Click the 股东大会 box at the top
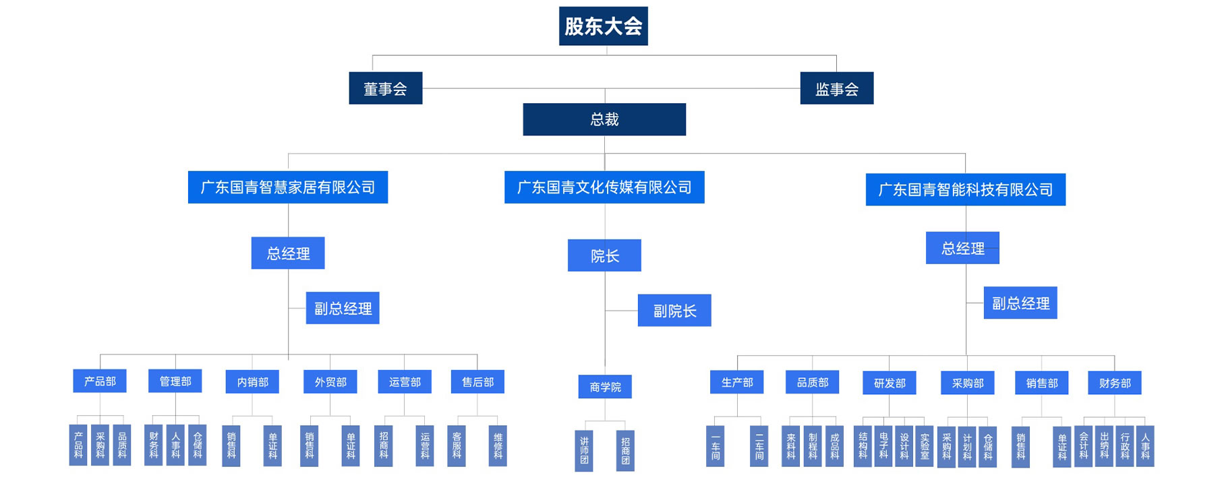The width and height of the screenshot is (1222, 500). pos(603,26)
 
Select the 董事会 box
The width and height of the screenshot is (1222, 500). pos(385,88)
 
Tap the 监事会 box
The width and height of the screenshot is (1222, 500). pos(836,88)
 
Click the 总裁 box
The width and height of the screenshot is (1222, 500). pos(604,119)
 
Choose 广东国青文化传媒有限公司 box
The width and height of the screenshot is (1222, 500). pos(604,187)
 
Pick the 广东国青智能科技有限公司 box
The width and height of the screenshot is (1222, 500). pos(965,189)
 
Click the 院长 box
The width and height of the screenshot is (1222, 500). pos(604,255)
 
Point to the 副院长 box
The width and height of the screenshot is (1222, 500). pos(674,311)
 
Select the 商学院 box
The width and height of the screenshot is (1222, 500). pos(605,387)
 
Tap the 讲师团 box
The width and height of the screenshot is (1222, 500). pos(584,451)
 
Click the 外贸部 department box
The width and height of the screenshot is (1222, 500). pos(330,381)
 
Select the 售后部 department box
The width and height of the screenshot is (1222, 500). pos(477,381)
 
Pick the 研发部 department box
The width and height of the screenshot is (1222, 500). pos(890,383)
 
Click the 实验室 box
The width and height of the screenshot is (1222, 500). pos(925,446)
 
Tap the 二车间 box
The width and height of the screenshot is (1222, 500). pos(759,446)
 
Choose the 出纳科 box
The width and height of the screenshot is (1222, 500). pos(1104,446)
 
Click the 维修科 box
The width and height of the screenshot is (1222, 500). pos(498,445)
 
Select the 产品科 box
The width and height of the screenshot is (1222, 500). pos(78,445)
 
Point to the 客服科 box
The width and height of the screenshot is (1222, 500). pos(457,445)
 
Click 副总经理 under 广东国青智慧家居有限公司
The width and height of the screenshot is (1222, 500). pos(343,308)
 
